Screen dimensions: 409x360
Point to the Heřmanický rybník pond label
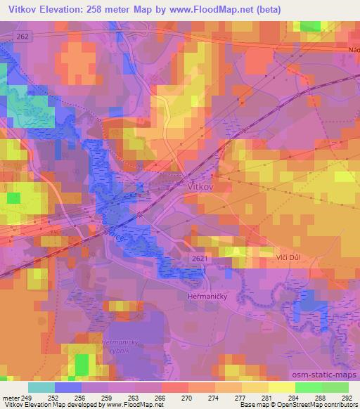click(x=121, y=347)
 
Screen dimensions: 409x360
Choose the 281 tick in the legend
click(x=267, y=397)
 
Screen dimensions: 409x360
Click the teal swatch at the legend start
click(x=41, y=387)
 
